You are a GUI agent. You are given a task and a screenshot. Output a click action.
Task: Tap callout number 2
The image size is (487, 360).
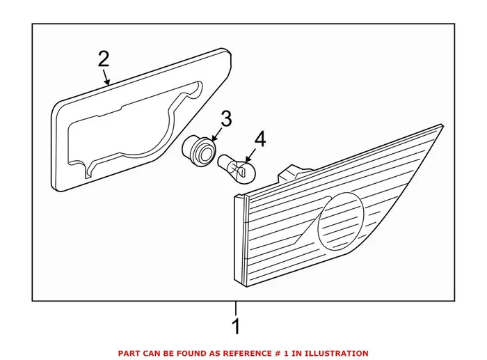[103, 59]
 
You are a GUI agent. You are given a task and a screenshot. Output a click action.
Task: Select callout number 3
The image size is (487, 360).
[225, 118]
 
